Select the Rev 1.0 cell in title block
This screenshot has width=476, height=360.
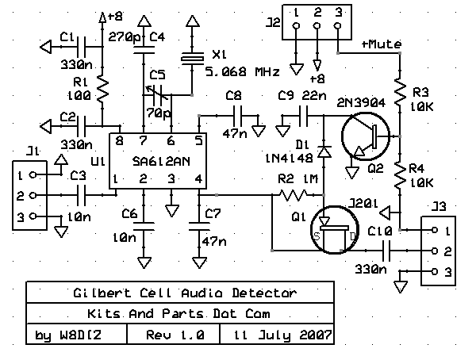tap(176, 335)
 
